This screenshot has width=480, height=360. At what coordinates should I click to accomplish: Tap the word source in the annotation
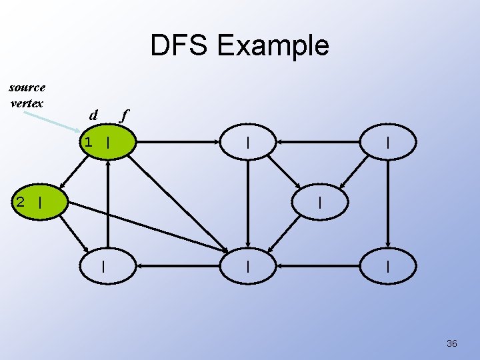pyautogui.click(x=27, y=87)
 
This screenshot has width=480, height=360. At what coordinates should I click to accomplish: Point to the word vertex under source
pyautogui.click(x=27, y=103)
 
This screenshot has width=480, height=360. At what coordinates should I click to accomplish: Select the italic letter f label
pyautogui.click(x=123, y=115)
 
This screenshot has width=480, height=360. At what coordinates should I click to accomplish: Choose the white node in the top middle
pyautogui.click(x=248, y=142)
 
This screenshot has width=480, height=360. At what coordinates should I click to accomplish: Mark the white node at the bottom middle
pyautogui.click(x=248, y=266)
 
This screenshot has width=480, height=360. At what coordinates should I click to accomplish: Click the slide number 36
pyautogui.click(x=451, y=343)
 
